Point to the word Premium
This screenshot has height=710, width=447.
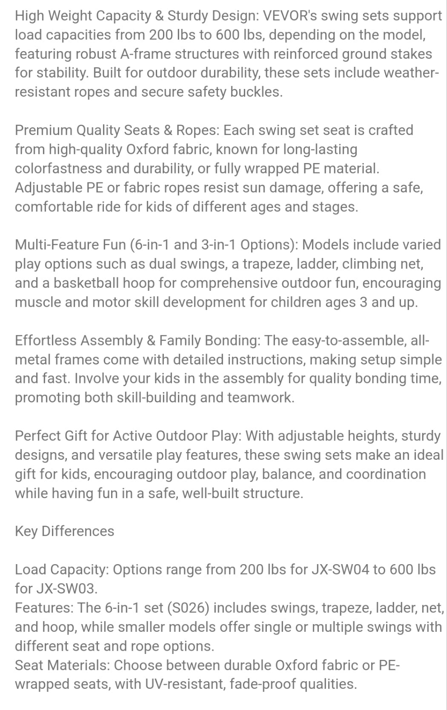[x=44, y=130]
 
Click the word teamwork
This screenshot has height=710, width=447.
[x=260, y=397]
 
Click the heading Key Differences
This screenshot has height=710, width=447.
[x=65, y=531]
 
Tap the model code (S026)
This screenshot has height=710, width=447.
[x=188, y=607]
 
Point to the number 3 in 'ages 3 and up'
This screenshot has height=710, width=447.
[x=363, y=302]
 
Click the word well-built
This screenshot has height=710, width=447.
[x=210, y=493]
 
